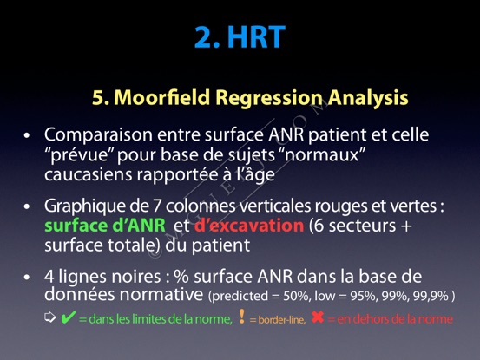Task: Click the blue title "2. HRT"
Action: tap(240, 36)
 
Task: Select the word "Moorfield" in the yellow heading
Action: tap(161, 97)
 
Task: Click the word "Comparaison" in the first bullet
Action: tap(98, 134)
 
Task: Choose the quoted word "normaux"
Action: tap(325, 154)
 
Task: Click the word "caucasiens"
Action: tap(89, 174)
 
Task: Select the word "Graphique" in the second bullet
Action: tap(85, 206)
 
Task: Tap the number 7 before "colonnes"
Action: tap(156, 206)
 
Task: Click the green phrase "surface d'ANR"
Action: tap(105, 226)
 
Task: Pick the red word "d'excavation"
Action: tap(249, 226)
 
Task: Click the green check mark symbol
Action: tap(68, 317)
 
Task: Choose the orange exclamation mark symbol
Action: tap(242, 317)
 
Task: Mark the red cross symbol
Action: tap(318, 317)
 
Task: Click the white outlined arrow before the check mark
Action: tap(50, 317)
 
